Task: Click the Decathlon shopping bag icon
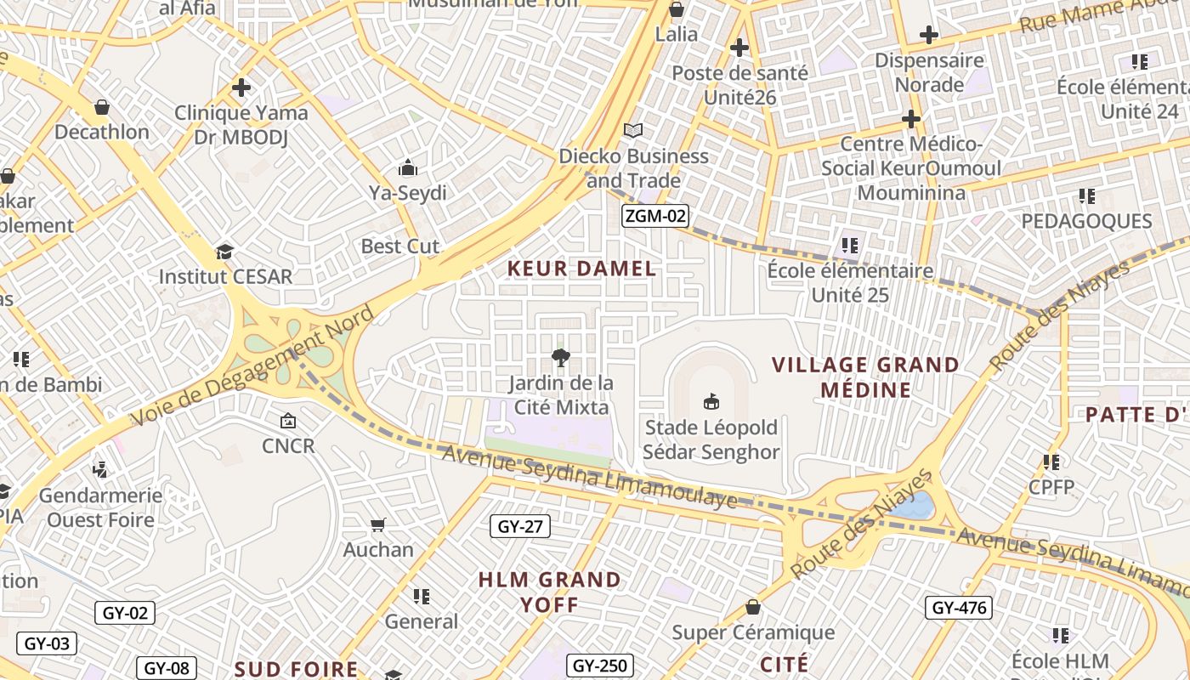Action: (x=102, y=108)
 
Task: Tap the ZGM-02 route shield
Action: (x=654, y=216)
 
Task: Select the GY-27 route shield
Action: (x=520, y=527)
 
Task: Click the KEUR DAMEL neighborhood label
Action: (x=581, y=269)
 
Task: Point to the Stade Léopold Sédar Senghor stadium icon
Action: (x=711, y=401)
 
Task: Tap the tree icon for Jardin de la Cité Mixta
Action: (x=561, y=358)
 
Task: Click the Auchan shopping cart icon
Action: (x=378, y=525)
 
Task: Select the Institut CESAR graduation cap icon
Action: (x=224, y=252)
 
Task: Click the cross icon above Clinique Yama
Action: (x=241, y=88)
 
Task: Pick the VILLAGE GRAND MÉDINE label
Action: (x=865, y=377)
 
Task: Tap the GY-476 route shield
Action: (x=959, y=608)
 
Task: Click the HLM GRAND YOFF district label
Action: (x=549, y=592)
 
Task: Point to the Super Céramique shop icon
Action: (x=753, y=607)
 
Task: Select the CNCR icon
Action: (x=288, y=421)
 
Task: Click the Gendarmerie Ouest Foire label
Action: (x=100, y=507)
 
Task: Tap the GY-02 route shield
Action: (x=125, y=613)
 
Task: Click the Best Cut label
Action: (x=400, y=246)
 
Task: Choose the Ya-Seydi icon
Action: (x=408, y=167)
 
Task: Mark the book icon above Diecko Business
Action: (x=633, y=130)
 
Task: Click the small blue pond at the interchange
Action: (x=915, y=505)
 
